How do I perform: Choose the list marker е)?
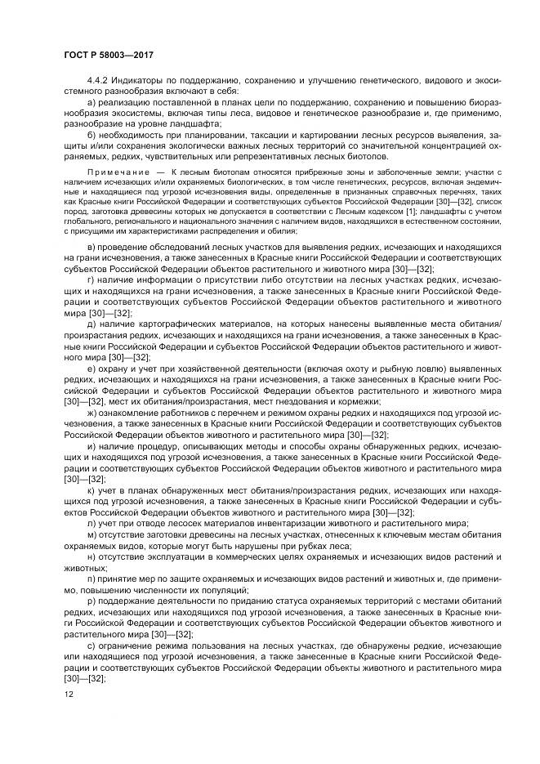(90, 369)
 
